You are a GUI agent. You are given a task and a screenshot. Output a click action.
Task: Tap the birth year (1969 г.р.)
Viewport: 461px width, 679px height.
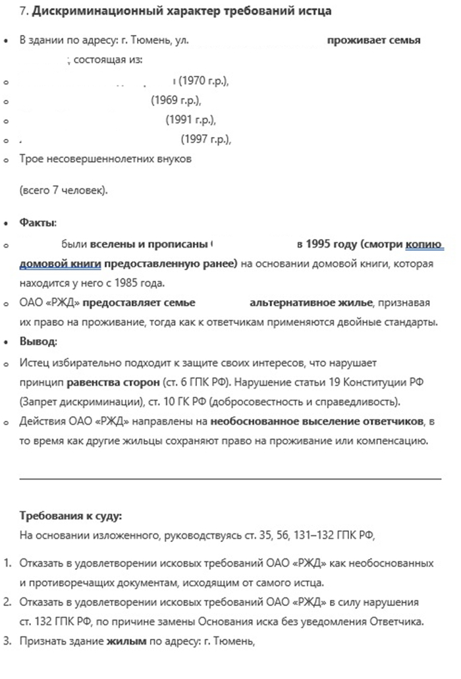point(175,101)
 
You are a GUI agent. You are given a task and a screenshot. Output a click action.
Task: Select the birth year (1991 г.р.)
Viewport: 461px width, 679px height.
point(190,121)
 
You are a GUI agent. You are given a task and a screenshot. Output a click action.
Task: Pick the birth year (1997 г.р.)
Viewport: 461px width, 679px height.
point(206,140)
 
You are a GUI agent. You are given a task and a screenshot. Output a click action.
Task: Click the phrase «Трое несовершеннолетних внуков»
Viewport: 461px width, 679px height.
point(105,159)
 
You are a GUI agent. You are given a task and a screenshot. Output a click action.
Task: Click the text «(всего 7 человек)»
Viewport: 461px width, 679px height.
point(63,191)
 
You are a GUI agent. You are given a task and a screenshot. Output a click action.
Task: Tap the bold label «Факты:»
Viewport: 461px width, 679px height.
point(38,223)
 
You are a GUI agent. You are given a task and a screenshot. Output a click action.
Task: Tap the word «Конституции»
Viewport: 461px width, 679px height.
point(371,382)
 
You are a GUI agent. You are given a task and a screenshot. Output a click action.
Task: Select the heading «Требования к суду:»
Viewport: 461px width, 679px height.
point(71,516)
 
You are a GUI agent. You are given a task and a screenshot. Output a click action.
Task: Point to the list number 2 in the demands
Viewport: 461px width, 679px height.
point(8,602)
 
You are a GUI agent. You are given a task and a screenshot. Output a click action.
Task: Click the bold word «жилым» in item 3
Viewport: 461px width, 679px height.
point(126,641)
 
